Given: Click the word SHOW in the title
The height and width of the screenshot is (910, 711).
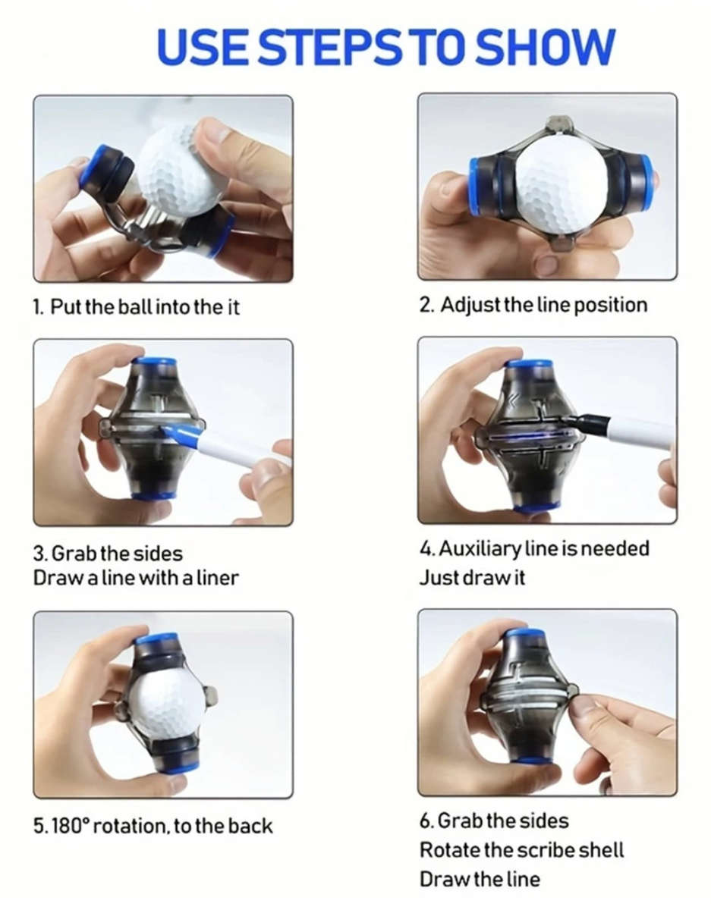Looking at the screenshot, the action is click(545, 46).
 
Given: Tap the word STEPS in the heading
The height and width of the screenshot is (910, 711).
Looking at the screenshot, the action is click(330, 46).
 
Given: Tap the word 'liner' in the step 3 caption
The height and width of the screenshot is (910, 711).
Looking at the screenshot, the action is click(218, 579).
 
